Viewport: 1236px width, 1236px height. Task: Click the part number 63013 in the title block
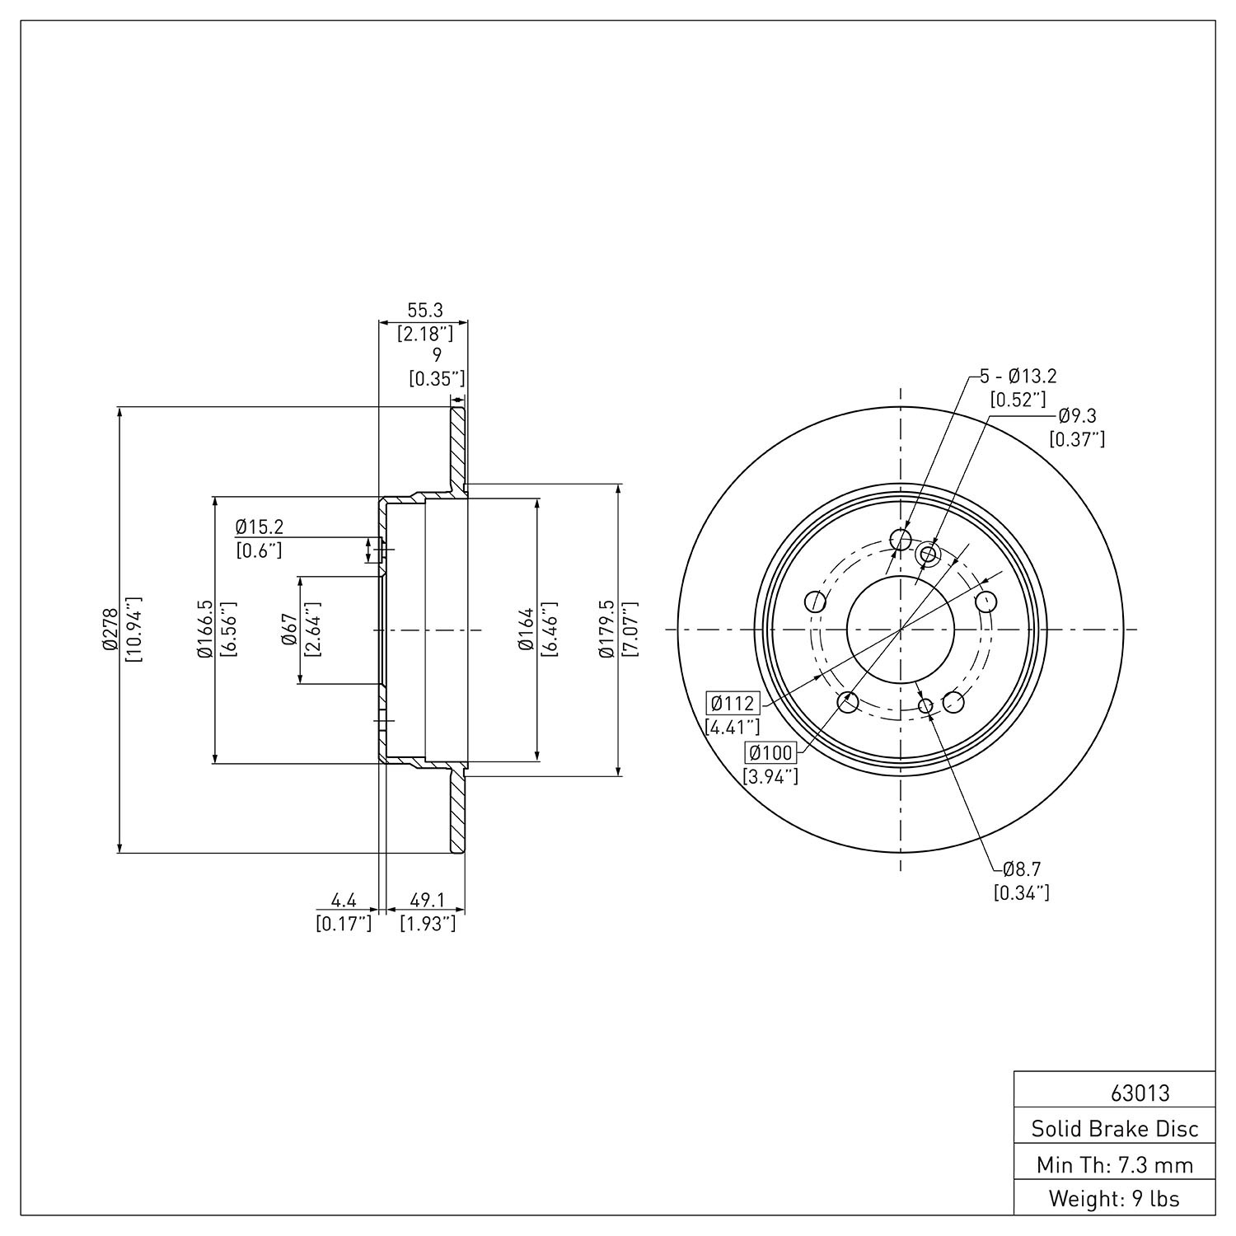(x=1140, y=1093)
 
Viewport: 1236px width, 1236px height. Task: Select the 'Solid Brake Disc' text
(x=1115, y=1129)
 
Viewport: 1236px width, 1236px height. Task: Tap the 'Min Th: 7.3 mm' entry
(x=1115, y=1165)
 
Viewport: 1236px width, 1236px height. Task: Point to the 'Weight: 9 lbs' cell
(x=1114, y=1199)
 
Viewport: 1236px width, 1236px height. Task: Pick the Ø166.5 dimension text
(x=204, y=630)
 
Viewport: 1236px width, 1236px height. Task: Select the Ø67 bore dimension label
(x=288, y=630)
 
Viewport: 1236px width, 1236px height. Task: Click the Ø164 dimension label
(x=526, y=630)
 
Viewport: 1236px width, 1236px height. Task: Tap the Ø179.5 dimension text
(x=607, y=630)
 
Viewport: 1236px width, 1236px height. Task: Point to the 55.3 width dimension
(x=425, y=310)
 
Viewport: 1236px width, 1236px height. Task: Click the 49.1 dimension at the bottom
(x=427, y=900)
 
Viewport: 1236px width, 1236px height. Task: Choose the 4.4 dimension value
(x=344, y=900)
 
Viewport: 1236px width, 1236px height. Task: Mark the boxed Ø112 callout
(x=733, y=704)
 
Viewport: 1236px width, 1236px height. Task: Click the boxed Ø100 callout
(x=770, y=751)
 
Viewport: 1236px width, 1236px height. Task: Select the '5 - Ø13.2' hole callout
(x=1018, y=377)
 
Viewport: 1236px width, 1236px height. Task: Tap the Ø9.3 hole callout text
(x=1076, y=416)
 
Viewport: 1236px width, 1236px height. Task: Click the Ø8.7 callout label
(x=1022, y=868)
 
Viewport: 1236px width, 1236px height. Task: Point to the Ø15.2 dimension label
(x=259, y=526)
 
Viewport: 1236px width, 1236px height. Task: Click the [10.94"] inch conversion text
(x=133, y=630)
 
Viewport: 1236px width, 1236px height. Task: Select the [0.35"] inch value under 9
(x=438, y=378)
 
